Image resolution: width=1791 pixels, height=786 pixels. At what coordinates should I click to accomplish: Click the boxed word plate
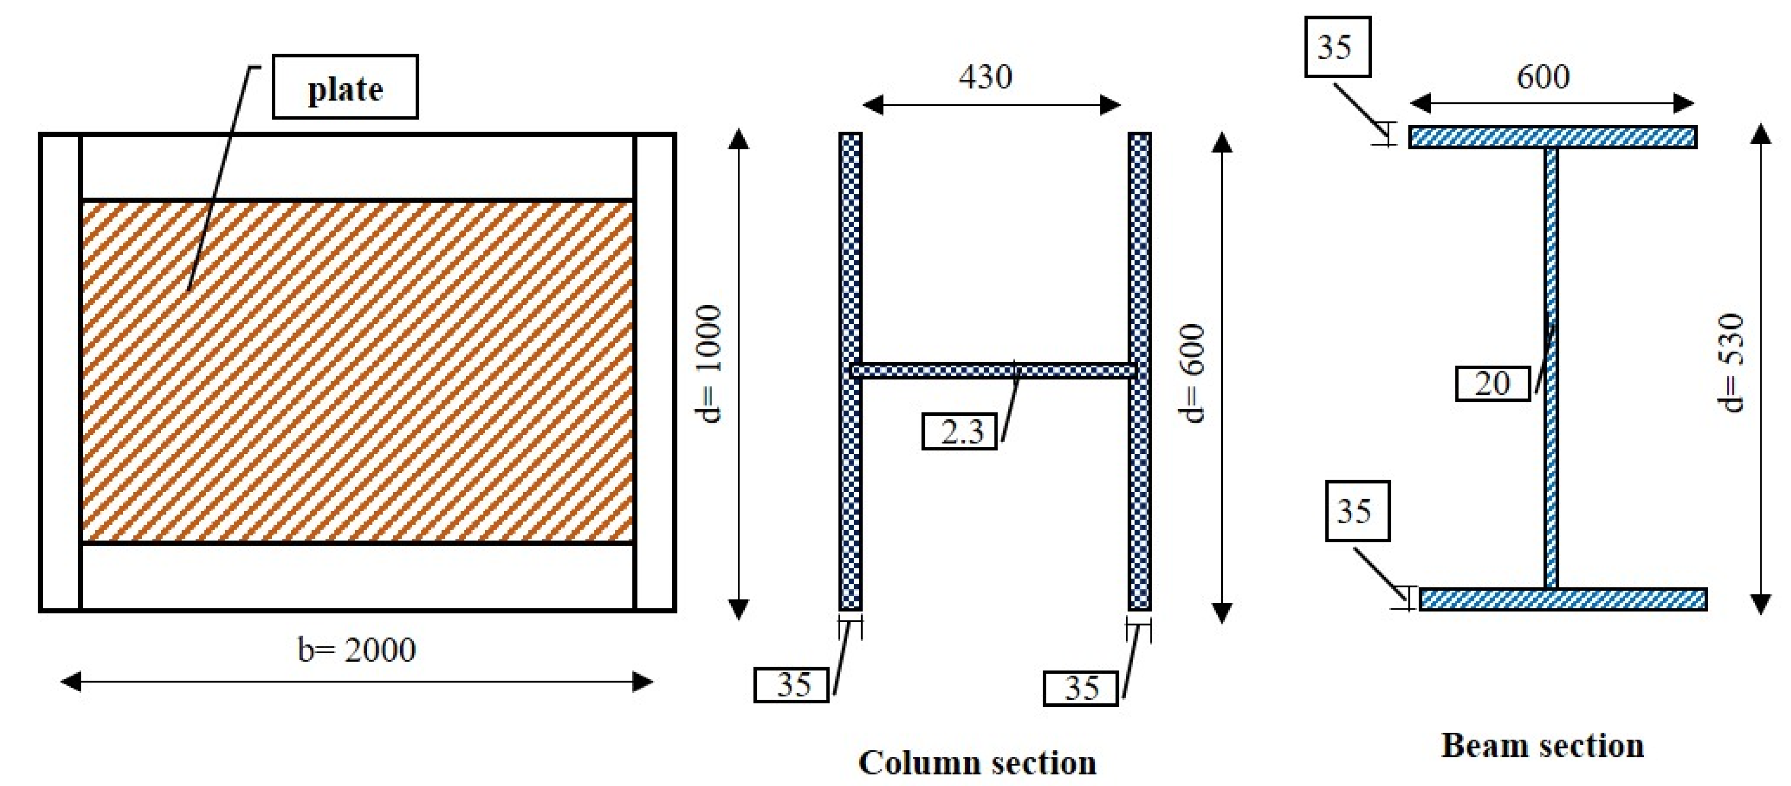[x=345, y=88]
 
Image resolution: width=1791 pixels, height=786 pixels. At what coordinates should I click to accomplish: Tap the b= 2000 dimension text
[x=357, y=650]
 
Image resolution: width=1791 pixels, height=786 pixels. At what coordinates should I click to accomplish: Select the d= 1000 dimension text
[x=709, y=364]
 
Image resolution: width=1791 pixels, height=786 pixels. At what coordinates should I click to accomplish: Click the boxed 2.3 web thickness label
[x=960, y=432]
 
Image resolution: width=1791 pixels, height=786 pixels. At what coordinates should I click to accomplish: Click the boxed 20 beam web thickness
[x=1493, y=383]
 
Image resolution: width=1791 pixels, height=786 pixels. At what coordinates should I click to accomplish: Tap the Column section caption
[x=978, y=762]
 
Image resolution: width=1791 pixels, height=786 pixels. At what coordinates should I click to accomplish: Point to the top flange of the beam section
[x=1553, y=136]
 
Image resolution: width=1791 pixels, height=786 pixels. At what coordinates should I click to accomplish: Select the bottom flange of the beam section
[x=1562, y=599]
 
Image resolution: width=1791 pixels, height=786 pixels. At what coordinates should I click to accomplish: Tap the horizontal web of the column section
[x=994, y=371]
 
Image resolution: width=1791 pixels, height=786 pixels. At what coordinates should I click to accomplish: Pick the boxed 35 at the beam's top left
[x=1337, y=47]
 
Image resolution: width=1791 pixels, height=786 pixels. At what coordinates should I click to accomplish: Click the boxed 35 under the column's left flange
[x=792, y=685]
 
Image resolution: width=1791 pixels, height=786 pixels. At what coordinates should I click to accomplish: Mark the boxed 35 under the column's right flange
[x=1080, y=688]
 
